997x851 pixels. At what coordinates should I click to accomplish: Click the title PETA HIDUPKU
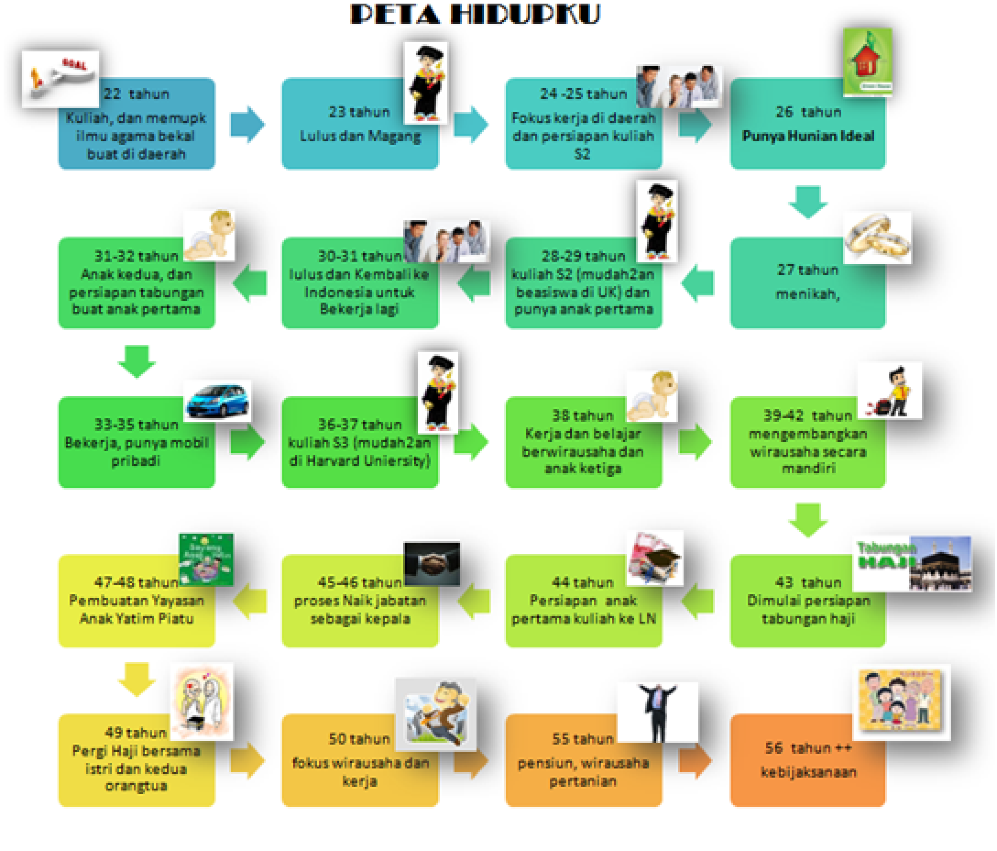tap(475, 15)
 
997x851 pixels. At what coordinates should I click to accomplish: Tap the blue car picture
tap(217, 400)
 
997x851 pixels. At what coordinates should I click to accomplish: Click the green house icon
tap(867, 62)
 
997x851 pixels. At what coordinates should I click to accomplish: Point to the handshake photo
tap(432, 563)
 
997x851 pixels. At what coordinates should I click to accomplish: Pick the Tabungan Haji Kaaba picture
tap(913, 564)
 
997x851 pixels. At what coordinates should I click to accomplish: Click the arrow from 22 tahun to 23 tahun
tap(247, 124)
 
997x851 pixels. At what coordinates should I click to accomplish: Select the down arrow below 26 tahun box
tap(808, 202)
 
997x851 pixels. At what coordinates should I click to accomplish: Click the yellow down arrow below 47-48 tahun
tap(136, 678)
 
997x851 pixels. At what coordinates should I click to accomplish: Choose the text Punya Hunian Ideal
tap(808, 136)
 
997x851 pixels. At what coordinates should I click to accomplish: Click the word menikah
tap(808, 294)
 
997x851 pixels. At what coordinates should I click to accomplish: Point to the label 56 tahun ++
tap(808, 748)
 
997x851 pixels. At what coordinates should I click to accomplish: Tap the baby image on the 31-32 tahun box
tap(210, 235)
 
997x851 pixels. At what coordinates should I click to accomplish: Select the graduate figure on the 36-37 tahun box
tap(438, 392)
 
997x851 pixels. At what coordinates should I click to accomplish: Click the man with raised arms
tap(657, 712)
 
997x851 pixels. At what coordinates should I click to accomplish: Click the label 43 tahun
tap(808, 582)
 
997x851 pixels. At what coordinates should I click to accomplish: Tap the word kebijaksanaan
tap(808, 772)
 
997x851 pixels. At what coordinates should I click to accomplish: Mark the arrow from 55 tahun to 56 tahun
tap(695, 761)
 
